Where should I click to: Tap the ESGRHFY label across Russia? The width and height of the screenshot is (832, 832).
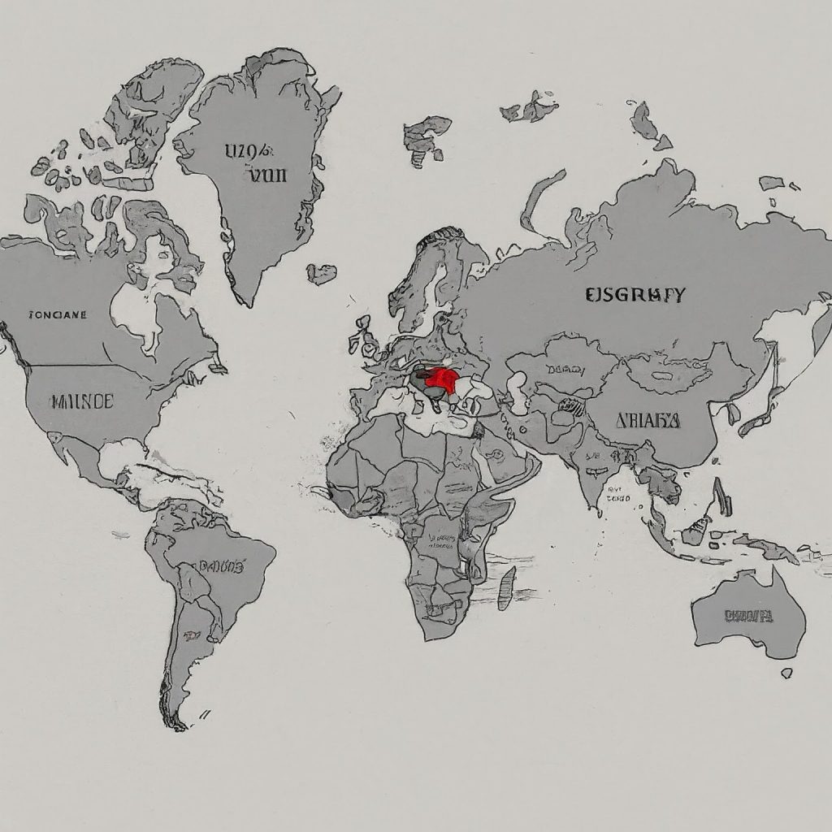(x=635, y=295)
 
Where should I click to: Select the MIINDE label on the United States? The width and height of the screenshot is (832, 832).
(x=81, y=401)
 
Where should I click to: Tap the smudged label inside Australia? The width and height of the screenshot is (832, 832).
(x=747, y=616)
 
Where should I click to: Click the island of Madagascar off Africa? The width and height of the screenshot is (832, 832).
(x=507, y=587)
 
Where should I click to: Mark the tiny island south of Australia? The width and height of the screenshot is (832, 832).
(x=786, y=673)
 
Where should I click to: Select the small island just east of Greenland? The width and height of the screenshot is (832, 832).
(x=322, y=274)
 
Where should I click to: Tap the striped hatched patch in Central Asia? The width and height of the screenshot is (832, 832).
(x=569, y=407)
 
